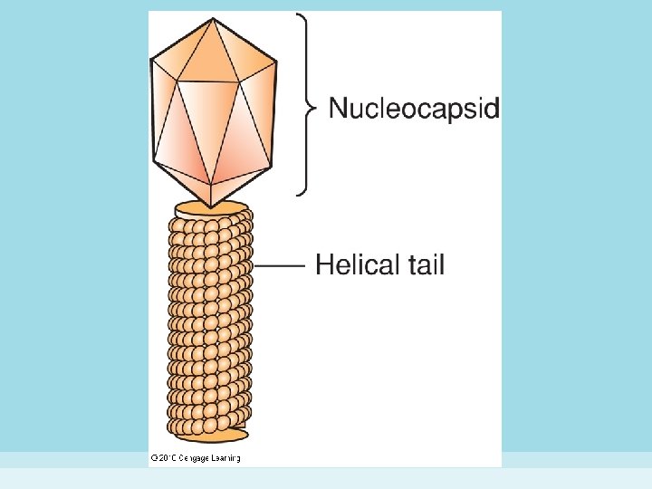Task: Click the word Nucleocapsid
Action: pyautogui.click(x=414, y=109)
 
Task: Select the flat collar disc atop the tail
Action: pyautogui.click(x=211, y=209)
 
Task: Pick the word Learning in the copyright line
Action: pyautogui.click(x=226, y=459)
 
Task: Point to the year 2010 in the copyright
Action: pyautogui.click(x=166, y=459)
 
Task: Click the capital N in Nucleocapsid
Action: pyautogui.click(x=337, y=109)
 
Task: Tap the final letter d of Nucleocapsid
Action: pyautogui.click(x=493, y=109)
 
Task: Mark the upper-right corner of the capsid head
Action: pyautogui.click(x=275, y=60)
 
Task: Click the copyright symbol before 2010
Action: pyautogui.click(x=153, y=459)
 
